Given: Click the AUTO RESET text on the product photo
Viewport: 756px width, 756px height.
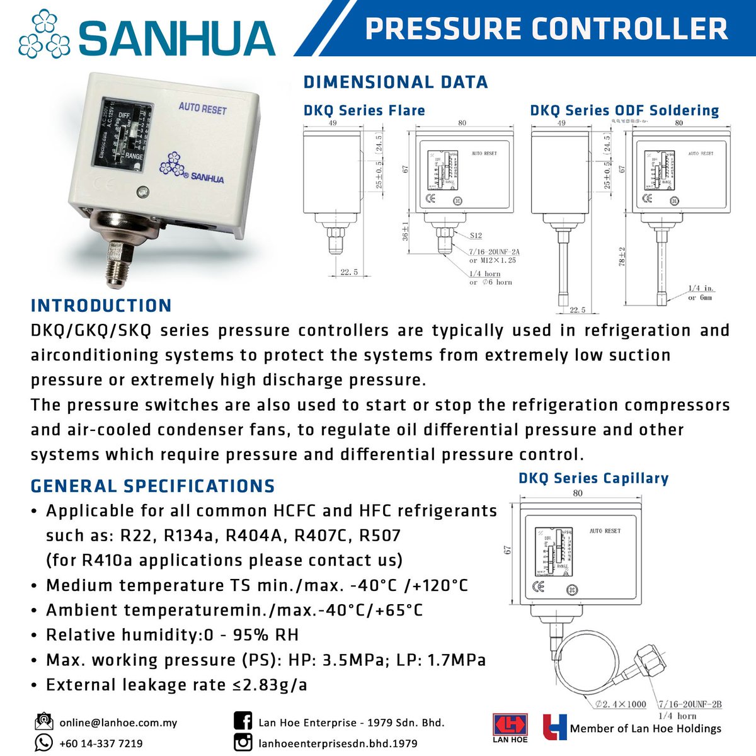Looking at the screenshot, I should pos(202,108).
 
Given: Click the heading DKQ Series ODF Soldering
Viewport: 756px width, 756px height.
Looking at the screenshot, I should pos(624,110).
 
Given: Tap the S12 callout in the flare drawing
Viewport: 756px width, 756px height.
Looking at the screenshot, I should pos(476,236).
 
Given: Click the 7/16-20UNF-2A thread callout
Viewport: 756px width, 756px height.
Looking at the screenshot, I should pos(495,251).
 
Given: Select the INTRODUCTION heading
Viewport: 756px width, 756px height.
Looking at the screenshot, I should pos(101,306).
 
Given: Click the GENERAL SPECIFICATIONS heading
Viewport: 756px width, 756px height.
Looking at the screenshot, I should pos(153,486).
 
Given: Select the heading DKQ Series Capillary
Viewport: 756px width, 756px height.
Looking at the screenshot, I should pos(593,478).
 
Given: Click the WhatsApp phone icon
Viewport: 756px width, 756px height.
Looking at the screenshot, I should pos(43,743).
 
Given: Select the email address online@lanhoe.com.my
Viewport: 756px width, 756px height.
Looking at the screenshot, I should pos(118,723).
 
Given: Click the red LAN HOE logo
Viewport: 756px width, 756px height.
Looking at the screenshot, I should pos(510,726).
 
